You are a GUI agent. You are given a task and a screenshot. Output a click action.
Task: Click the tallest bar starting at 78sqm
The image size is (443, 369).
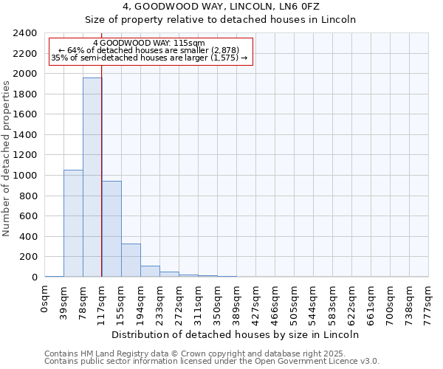pos(92,177)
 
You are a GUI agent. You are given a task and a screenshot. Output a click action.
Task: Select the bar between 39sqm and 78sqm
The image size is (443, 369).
pos(73,223)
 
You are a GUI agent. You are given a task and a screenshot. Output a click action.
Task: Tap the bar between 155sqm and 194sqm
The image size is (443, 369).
pos(131,260)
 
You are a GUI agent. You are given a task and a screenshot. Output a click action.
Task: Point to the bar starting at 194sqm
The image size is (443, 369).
pos(150,271)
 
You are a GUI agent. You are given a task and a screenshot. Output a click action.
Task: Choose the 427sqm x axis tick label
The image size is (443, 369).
pos(256,301)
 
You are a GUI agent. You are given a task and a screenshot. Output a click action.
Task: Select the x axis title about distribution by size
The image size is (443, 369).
pos(236,334)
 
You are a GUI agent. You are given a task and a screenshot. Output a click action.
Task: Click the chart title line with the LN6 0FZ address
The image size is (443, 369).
pos(221,7)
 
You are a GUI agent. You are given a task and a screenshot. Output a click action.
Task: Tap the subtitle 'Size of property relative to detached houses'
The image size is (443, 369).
pos(221,20)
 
